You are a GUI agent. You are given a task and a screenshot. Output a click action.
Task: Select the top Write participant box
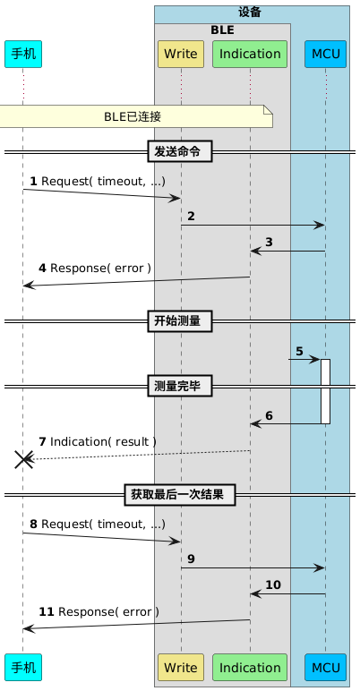click(x=181, y=54)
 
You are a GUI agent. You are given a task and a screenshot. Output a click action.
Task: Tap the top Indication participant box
click(x=250, y=54)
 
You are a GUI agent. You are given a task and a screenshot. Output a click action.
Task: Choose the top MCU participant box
click(x=325, y=54)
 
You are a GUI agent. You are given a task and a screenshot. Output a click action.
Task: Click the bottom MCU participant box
click(x=325, y=667)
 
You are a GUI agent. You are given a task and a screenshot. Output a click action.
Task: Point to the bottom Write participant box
click(x=181, y=667)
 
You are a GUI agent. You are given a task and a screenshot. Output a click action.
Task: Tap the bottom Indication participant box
click(x=250, y=667)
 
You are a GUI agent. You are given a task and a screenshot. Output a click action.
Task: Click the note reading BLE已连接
click(x=133, y=116)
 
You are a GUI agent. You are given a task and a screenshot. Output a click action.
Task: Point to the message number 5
click(x=299, y=351)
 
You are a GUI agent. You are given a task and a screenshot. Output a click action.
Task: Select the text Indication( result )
click(x=103, y=441)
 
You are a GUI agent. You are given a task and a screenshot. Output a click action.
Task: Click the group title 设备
click(x=251, y=12)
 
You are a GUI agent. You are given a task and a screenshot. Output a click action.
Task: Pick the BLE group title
click(x=222, y=30)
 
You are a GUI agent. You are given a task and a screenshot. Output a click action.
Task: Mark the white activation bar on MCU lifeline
click(x=325, y=391)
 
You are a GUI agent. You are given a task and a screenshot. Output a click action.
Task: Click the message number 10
click(x=272, y=584)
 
